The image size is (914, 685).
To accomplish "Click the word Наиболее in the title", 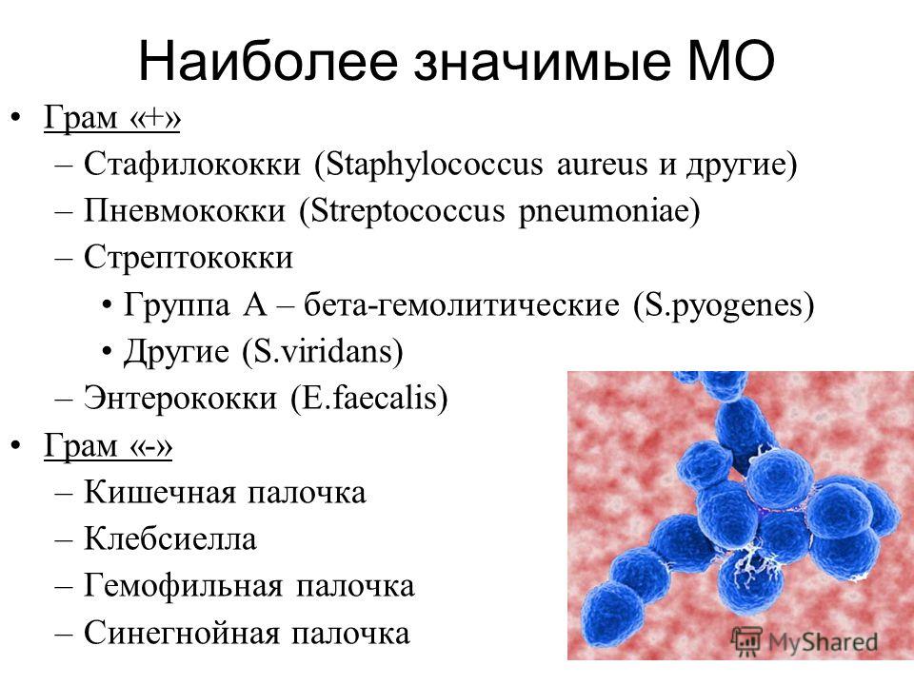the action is (268, 61).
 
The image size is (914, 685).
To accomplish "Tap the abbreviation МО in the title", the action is (731, 61).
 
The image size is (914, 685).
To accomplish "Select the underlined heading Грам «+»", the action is (112, 118).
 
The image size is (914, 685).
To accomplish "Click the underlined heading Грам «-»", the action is (108, 446).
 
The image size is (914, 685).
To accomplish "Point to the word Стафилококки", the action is (192, 164).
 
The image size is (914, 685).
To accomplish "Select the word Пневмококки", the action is (184, 211).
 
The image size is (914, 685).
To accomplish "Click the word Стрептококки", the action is (189, 258).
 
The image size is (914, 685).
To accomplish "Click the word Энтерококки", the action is (180, 399).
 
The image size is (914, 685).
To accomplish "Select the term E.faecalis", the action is (369, 399).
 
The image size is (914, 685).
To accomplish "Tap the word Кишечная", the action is (159, 493).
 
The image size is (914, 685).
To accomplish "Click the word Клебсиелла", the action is (169, 539).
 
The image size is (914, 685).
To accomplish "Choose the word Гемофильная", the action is (184, 587).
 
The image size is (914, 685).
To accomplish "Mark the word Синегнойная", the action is (181, 634).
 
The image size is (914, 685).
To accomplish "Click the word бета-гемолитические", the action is (462, 305).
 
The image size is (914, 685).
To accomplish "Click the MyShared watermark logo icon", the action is (746, 640).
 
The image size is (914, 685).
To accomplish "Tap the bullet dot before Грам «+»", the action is (16, 118).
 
